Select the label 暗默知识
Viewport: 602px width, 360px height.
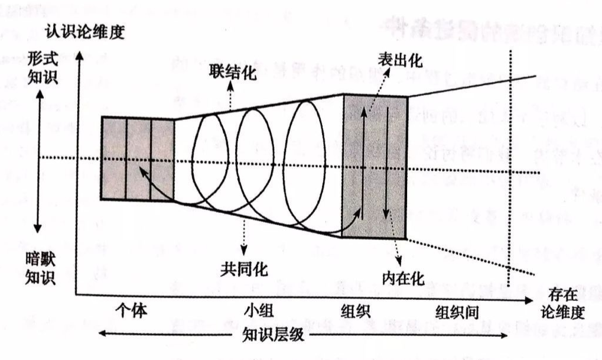point(41,267)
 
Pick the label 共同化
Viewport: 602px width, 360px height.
point(245,268)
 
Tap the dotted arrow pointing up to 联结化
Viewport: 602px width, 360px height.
point(231,95)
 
